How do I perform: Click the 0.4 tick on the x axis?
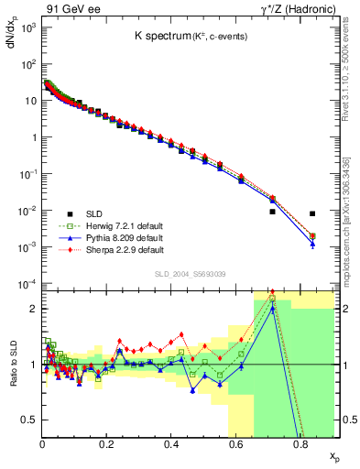tap(171, 444)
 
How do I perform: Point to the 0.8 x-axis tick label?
tap(300, 444)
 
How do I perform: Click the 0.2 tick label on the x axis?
tap(106, 444)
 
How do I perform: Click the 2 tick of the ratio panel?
tap(34, 309)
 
